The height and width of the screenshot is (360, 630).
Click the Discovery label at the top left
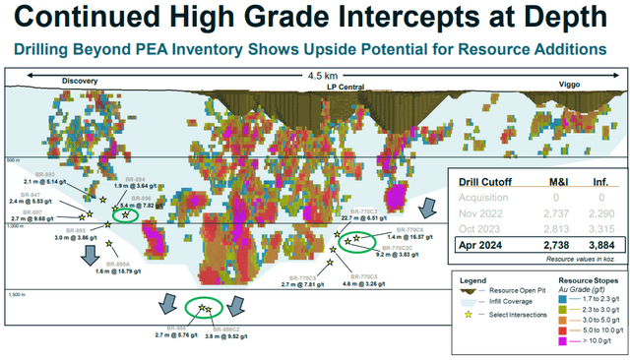tap(81, 81)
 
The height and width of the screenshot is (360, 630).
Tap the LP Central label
tap(346, 87)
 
